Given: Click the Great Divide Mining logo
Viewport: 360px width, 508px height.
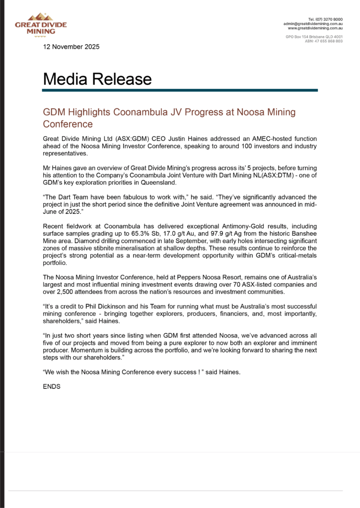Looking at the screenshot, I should tap(41, 24).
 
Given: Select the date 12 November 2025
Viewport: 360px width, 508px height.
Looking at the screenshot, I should tap(71, 47).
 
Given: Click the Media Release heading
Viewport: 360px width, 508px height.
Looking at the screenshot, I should tap(97, 79).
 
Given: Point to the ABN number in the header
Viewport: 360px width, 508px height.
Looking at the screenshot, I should tap(324, 41).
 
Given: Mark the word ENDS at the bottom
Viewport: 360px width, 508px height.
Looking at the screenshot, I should tap(52, 385).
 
